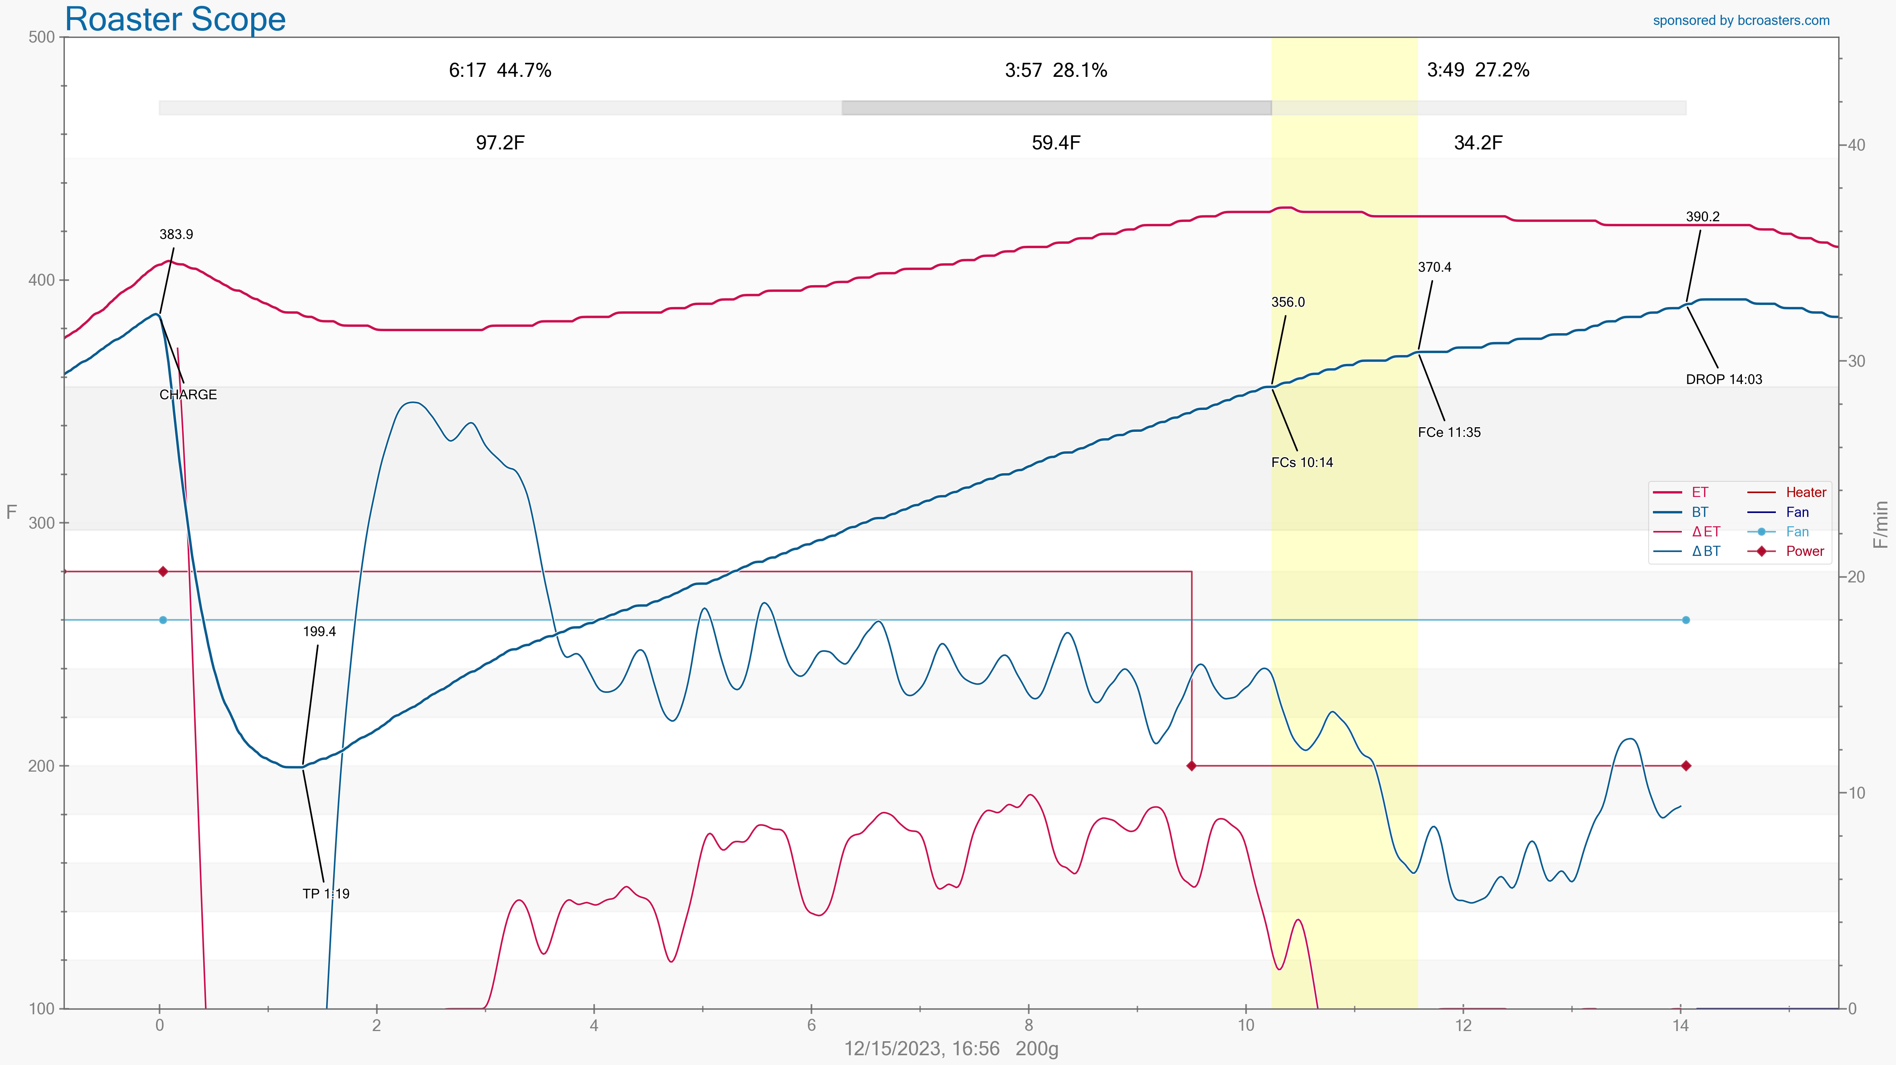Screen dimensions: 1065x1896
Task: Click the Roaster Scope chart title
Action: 175,19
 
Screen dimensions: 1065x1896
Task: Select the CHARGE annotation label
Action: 188,394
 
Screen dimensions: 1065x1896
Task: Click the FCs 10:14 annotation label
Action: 1301,462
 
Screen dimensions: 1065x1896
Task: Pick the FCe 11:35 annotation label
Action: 1449,432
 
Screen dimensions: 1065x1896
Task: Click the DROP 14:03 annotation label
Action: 1724,379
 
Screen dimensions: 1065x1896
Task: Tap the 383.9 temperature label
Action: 176,234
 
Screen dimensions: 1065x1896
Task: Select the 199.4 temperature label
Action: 319,632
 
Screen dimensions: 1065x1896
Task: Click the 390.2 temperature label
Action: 1702,217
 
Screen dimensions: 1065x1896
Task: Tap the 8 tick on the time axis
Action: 1028,1025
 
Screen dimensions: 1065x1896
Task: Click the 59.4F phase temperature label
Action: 1055,143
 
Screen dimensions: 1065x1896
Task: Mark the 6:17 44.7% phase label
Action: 500,70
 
